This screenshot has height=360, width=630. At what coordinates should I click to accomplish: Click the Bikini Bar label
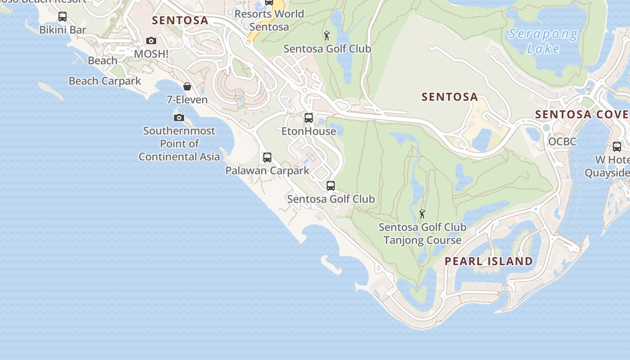[x=63, y=30]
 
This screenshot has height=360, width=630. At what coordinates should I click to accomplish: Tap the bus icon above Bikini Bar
[x=63, y=17]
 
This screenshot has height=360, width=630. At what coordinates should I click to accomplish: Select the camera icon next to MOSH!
[x=151, y=41]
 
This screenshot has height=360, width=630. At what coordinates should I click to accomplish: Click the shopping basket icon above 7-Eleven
[x=187, y=86]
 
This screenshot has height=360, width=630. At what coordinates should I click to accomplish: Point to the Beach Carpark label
[x=105, y=81]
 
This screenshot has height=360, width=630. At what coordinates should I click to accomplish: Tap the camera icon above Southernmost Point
[x=179, y=117]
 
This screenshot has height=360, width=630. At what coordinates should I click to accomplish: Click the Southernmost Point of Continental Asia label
[x=179, y=144]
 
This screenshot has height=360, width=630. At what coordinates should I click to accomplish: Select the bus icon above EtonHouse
[x=309, y=118]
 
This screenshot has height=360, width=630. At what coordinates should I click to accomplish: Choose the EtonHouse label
[x=309, y=131]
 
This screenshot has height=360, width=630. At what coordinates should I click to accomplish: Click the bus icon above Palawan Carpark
[x=267, y=157]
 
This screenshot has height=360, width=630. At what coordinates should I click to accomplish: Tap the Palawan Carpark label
[x=267, y=171]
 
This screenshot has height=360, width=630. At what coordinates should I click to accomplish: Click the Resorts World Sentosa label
[x=269, y=20]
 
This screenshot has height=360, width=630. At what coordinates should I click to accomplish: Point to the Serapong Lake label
[x=543, y=41]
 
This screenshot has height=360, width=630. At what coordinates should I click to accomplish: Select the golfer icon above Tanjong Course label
[x=422, y=214]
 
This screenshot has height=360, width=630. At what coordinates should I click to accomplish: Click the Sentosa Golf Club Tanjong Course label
[x=422, y=234]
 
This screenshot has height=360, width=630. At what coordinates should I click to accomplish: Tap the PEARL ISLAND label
[x=489, y=261]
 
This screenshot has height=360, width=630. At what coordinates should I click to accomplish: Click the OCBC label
[x=562, y=142]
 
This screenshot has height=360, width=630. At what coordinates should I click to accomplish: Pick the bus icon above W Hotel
[x=617, y=147]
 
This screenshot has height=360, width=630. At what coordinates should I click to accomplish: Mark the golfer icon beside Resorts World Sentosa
[x=327, y=36]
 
